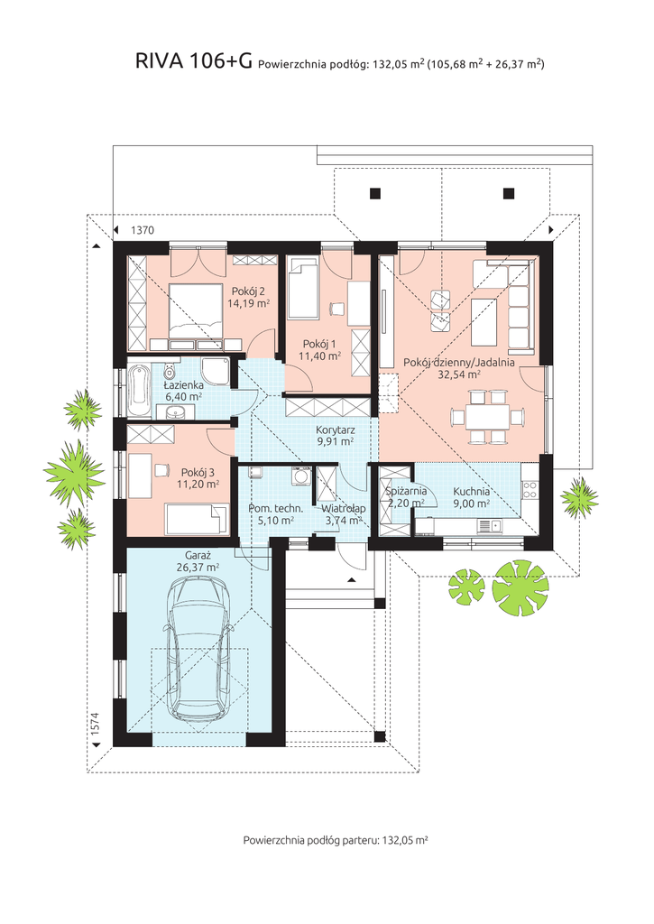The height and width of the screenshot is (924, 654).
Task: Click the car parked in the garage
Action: tap(198, 648)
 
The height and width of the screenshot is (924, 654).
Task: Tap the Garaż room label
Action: tap(198, 555)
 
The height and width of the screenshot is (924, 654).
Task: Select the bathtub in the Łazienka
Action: tap(140, 391)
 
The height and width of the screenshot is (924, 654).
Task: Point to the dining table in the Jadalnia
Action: tap(487, 417)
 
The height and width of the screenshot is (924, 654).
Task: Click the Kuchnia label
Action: tap(472, 492)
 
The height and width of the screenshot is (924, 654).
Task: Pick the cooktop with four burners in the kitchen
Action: tap(530, 490)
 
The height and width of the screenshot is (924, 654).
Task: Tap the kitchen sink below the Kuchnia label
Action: tap(489, 525)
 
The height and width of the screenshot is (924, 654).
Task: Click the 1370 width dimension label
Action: tap(142, 230)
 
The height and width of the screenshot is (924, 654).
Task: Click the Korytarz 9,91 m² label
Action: tap(335, 436)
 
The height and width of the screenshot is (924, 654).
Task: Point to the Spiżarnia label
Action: tap(406, 492)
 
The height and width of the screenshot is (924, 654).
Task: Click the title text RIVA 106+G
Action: tap(194, 60)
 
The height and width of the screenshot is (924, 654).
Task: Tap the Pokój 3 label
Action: tap(198, 472)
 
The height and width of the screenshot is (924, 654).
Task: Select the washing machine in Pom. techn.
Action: tap(301, 476)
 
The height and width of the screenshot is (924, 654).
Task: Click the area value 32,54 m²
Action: tap(459, 374)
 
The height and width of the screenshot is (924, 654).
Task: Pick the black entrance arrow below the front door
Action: tap(352, 580)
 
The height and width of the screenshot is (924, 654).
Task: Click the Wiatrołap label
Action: tap(344, 508)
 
